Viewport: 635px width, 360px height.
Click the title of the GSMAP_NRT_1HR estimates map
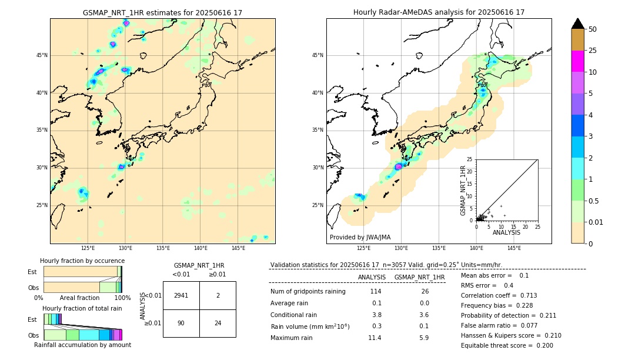pyautogui.click(x=162, y=13)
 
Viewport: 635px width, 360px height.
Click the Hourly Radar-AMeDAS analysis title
pyautogui.click(x=439, y=12)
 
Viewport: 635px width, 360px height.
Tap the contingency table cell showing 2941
pyautogui.click(x=181, y=295)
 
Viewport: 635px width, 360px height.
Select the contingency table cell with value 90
pyautogui.click(x=181, y=323)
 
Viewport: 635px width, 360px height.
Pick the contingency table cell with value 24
pyautogui.click(x=218, y=323)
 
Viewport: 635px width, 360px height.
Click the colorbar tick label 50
pyautogui.click(x=593, y=29)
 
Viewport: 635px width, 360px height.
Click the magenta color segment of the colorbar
pyautogui.click(x=577, y=61)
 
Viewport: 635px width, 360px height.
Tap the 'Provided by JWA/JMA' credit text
pyautogui.click(x=360, y=237)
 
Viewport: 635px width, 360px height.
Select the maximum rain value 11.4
pyautogui.click(x=375, y=338)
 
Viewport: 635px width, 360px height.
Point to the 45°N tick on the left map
pyautogui.click(x=42, y=55)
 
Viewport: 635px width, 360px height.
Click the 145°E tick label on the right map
pyautogui.click(x=514, y=248)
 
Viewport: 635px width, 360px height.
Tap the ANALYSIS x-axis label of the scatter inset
pyautogui.click(x=506, y=232)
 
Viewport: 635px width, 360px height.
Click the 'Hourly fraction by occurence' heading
pyautogui.click(x=82, y=261)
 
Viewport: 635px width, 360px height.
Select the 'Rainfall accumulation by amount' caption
pyautogui.click(x=82, y=345)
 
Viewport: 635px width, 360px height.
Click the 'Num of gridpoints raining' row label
pyautogui.click(x=308, y=291)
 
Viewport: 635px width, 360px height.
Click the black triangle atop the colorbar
pyautogui.click(x=577, y=24)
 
